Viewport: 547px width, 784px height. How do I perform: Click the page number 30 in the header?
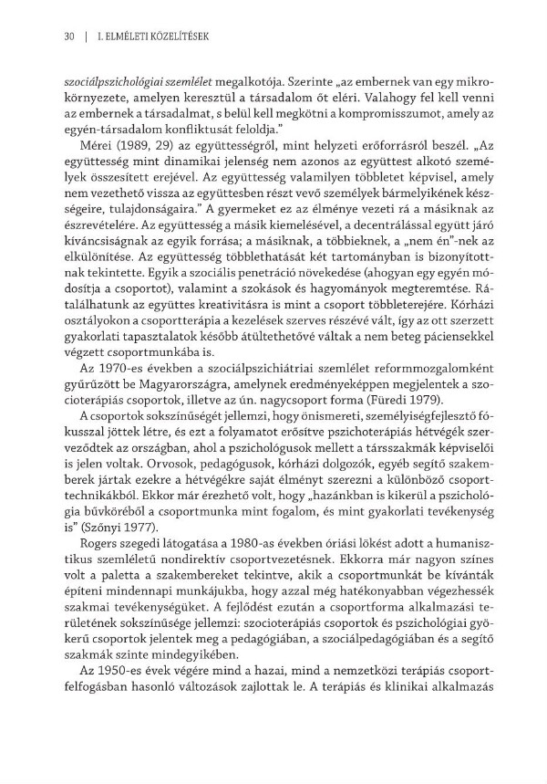(67, 37)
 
